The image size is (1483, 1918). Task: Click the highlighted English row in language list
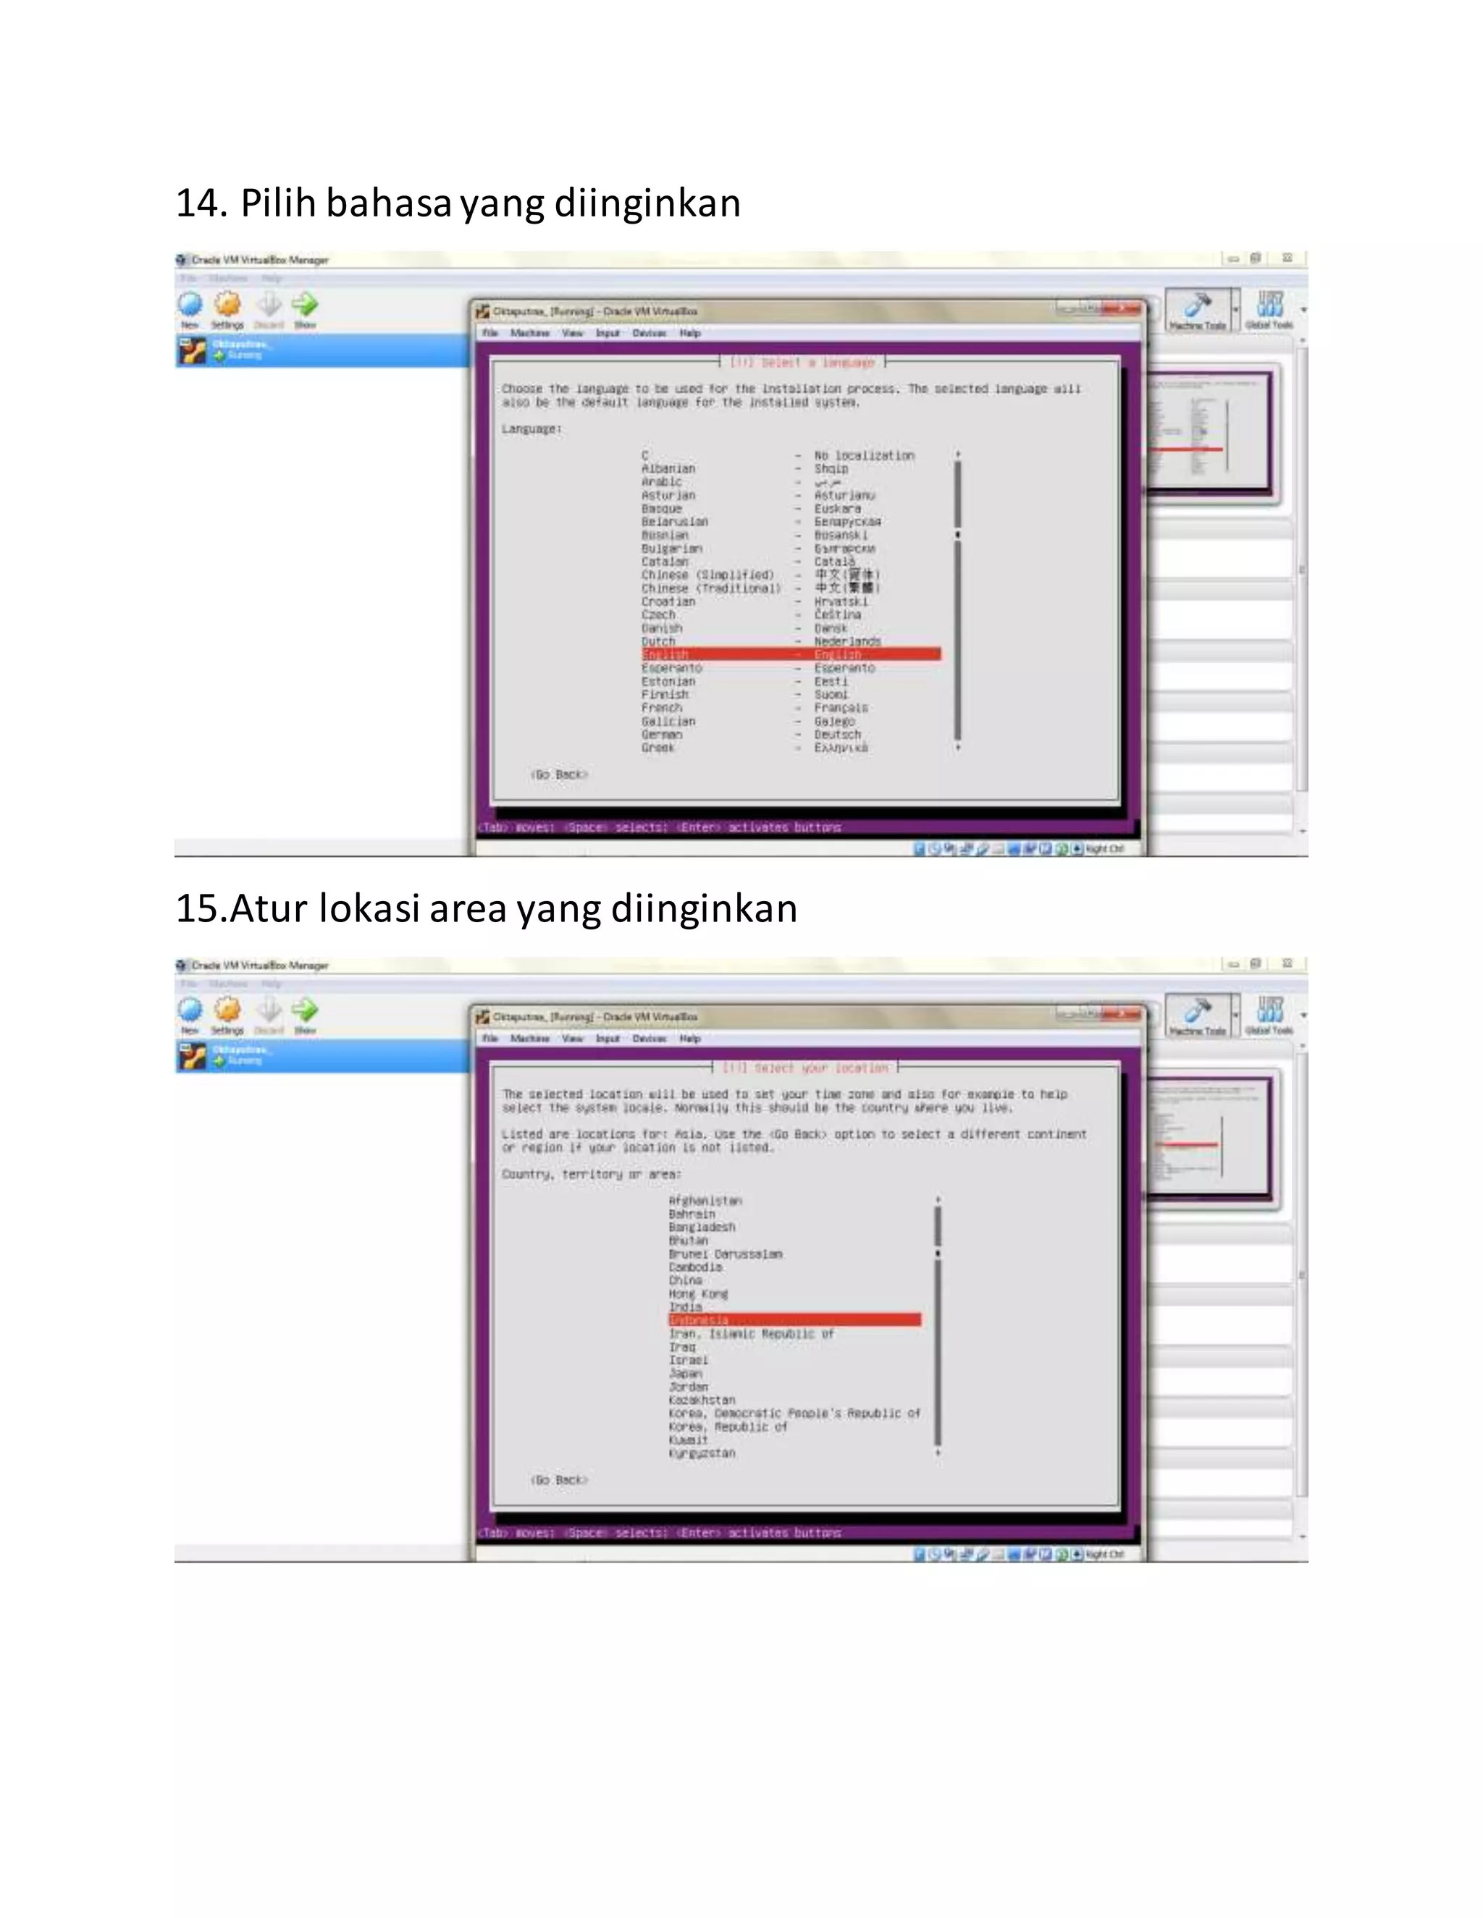pos(791,654)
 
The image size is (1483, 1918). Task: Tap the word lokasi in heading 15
pos(369,908)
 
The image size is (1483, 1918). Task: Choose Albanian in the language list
pos(668,469)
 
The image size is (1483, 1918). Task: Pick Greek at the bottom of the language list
pos(658,748)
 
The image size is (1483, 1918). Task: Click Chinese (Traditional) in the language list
pos(710,588)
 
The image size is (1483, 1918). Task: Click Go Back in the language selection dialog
pos(559,774)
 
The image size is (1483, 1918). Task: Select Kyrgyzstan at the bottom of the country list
pos(701,1453)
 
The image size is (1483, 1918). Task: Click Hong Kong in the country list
pos(697,1293)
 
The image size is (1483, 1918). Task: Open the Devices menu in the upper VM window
pos(650,334)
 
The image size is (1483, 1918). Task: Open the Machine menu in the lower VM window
pos(530,1039)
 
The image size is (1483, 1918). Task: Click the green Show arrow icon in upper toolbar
pos(305,305)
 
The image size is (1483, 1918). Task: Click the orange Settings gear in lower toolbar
pos(227,1010)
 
